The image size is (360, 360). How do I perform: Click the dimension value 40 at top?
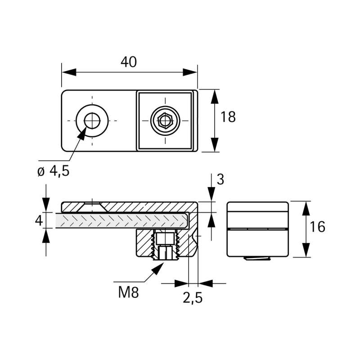pyautogui.click(x=129, y=62)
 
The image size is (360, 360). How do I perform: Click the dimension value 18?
pyautogui.click(x=228, y=117)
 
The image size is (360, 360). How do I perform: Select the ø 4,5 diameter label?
pyautogui.click(x=54, y=171)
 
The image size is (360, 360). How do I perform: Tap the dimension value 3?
pyautogui.click(x=220, y=180)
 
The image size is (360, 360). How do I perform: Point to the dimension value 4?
pyautogui.click(x=39, y=220)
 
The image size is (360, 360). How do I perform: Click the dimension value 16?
pyautogui.click(x=318, y=227)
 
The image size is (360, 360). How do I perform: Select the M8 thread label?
pyautogui.click(x=128, y=293)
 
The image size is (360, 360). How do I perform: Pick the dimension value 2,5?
pyautogui.click(x=192, y=297)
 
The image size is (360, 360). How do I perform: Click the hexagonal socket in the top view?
pyautogui.click(x=165, y=121)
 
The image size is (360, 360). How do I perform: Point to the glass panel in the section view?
pyautogui.click(x=121, y=220)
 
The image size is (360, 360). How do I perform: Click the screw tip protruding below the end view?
pyautogui.click(x=258, y=259)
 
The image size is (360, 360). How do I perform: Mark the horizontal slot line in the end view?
pyautogui.click(x=257, y=229)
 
